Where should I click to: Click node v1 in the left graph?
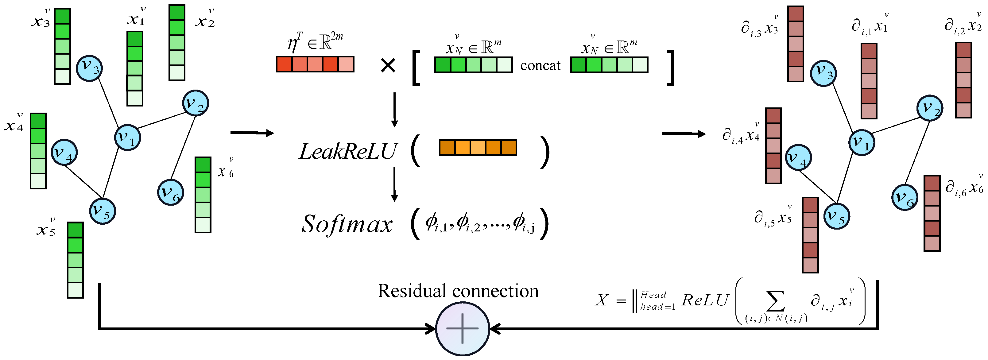(127, 137)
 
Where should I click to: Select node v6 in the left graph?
(171, 192)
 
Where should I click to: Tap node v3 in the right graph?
(823, 74)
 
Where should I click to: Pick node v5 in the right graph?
(836, 216)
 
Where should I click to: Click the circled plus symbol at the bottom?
(463, 329)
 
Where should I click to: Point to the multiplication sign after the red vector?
(388, 66)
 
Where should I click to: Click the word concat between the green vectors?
(540, 66)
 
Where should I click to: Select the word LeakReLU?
(347, 151)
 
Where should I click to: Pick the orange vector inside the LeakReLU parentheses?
(478, 148)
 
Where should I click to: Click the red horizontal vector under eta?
(315, 64)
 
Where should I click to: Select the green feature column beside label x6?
(203, 195)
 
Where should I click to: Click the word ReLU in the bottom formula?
(705, 300)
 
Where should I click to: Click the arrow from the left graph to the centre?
(252, 133)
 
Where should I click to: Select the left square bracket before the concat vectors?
(416, 68)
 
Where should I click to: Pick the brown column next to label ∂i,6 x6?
(932, 213)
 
